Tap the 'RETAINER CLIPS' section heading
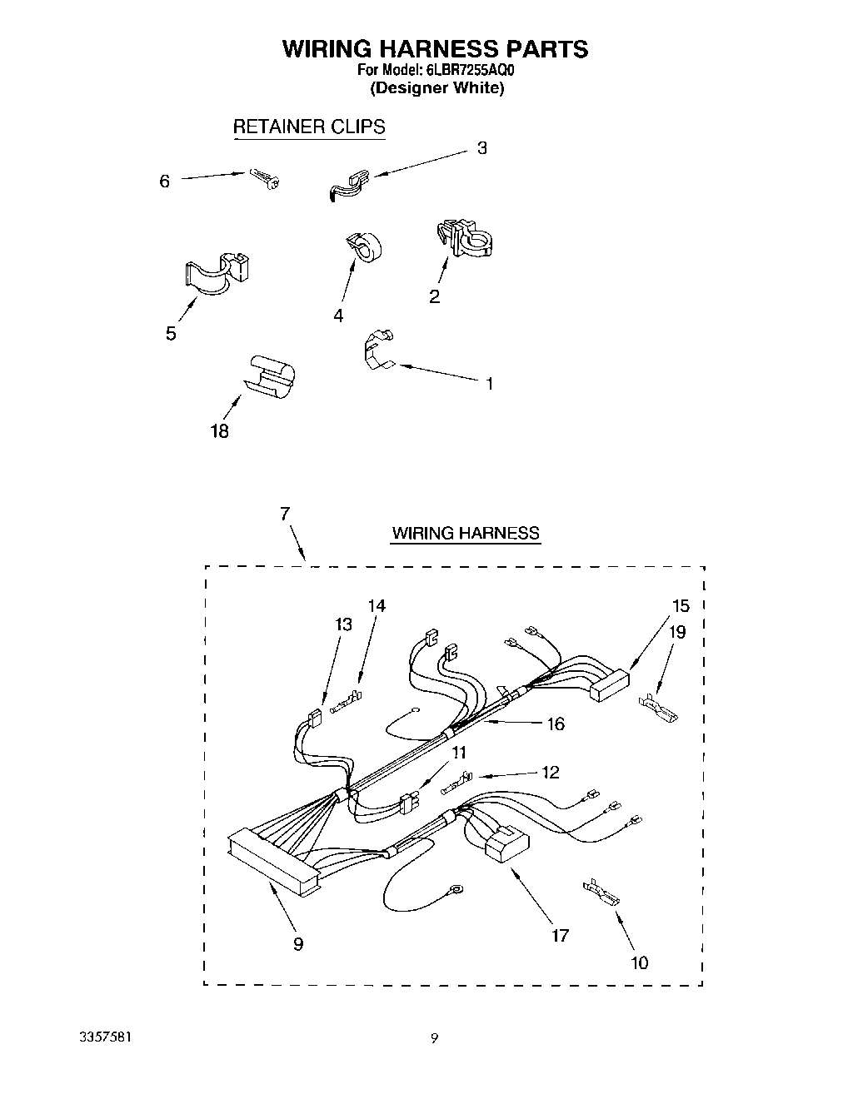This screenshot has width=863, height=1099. tap(308, 127)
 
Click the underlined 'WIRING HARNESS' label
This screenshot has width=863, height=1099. tap(466, 534)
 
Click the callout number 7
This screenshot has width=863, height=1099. tap(285, 514)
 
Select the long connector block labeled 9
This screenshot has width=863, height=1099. tap(273, 863)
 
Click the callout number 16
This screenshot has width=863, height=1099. tap(555, 724)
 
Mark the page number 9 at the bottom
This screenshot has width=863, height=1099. tap(434, 1037)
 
